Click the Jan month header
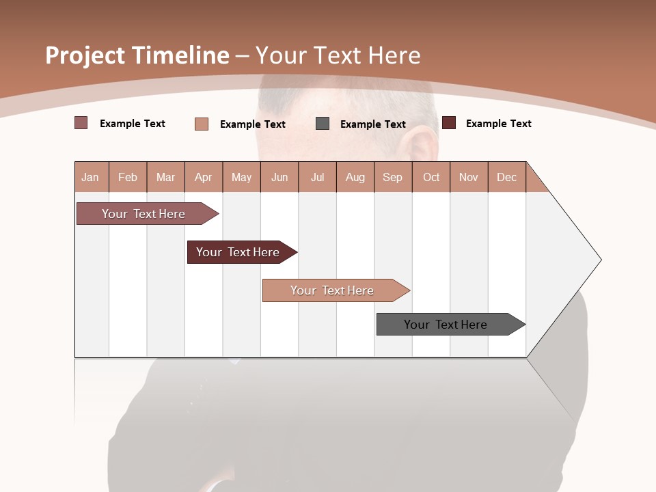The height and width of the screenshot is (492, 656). [91, 177]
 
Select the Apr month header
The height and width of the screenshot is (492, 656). [204, 177]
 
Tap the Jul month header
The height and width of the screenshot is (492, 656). [317, 177]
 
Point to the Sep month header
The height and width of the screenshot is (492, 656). [393, 177]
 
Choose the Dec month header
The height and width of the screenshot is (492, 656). [506, 177]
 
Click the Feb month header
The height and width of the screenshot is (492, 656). [128, 177]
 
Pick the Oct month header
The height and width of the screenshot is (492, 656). [431, 177]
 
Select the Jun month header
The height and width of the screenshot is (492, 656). [279, 177]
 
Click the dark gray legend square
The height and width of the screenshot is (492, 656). [323, 124]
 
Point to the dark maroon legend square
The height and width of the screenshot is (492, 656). [449, 123]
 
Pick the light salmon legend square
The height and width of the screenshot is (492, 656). [202, 124]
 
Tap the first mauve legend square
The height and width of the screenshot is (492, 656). [81, 123]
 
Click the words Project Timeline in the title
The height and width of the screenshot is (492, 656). [137, 55]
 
